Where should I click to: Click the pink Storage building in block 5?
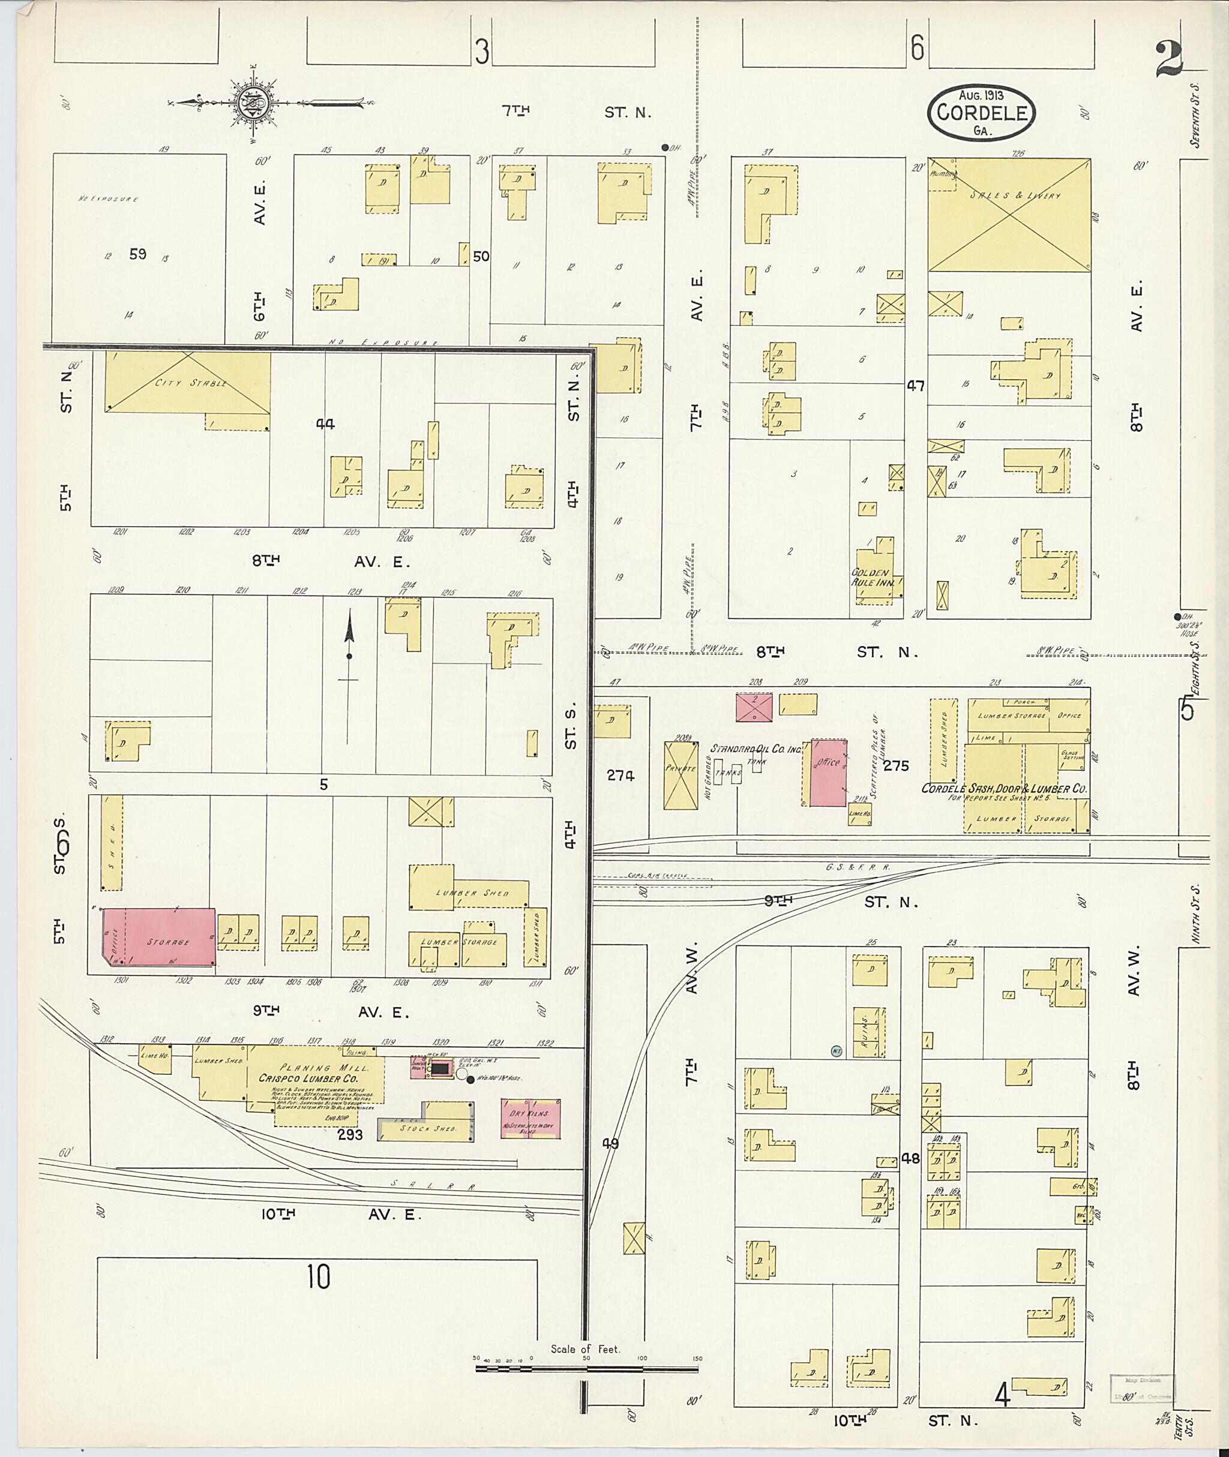[160, 936]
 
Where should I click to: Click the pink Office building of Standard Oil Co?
[828, 773]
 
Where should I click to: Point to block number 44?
[325, 423]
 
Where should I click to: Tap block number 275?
[896, 765]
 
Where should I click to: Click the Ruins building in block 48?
[870, 1033]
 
